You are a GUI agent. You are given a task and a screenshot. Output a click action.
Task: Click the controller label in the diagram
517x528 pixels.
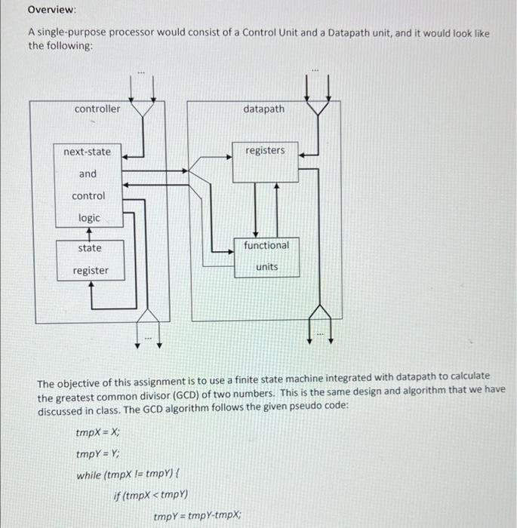click(x=97, y=109)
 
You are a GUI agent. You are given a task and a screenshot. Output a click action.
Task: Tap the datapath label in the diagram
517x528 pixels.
click(x=264, y=109)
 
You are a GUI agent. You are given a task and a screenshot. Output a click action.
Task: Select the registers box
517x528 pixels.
click(x=265, y=161)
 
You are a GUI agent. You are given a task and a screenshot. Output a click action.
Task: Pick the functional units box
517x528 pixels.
click(x=266, y=256)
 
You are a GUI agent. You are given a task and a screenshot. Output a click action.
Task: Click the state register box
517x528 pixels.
click(x=90, y=259)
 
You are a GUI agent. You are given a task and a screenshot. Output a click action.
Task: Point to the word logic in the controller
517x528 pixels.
click(x=89, y=217)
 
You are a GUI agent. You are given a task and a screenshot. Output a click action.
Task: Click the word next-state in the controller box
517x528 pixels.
click(x=87, y=152)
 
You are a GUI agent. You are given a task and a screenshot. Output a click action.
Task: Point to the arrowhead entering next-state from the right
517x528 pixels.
click(x=127, y=158)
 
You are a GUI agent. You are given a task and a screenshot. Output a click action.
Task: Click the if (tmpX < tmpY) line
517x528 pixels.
click(x=150, y=496)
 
